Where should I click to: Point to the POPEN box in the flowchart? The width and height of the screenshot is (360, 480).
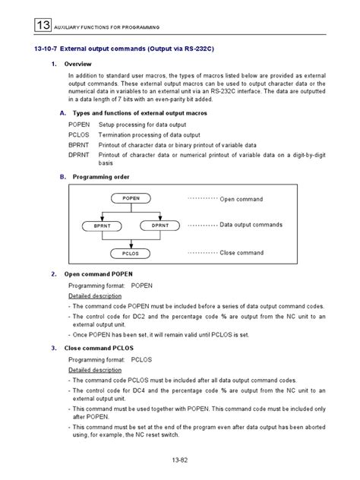coord(126,199)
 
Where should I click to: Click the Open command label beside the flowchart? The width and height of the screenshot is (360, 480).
coord(242,199)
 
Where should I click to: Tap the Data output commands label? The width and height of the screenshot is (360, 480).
coord(251,225)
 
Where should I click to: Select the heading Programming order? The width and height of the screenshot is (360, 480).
coord(105,175)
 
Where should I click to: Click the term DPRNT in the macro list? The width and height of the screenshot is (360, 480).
coord(78,153)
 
